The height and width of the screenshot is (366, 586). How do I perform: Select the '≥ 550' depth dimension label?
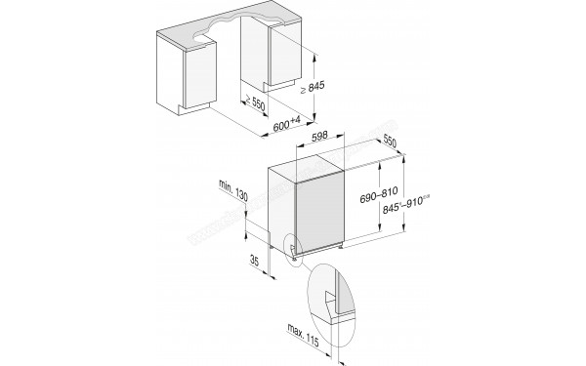coord(255,103)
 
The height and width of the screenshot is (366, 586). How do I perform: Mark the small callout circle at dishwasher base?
coord(290,248)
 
